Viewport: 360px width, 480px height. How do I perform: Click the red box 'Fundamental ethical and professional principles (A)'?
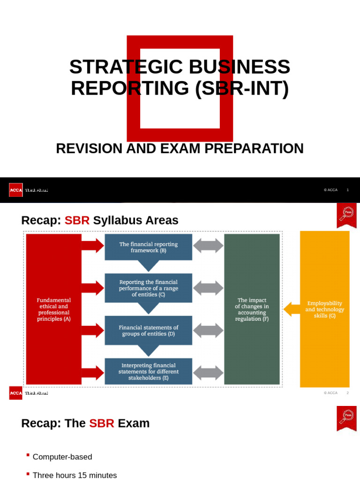54,309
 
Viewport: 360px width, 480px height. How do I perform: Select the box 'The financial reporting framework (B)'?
148,247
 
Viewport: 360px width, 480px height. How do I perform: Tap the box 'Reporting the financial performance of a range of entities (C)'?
148,288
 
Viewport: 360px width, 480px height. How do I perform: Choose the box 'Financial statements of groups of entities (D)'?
148,330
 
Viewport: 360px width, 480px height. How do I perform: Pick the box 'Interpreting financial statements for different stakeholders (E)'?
148,371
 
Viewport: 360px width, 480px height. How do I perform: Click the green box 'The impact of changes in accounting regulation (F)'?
252,309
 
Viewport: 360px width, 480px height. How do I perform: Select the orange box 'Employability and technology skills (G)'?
324,309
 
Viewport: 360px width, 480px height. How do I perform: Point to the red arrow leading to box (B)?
93,246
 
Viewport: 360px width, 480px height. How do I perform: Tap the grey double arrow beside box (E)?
208,373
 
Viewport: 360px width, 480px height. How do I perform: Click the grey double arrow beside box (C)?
208,288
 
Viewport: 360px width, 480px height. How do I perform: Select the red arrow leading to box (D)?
93,330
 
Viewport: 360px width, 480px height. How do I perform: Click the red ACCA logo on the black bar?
15,190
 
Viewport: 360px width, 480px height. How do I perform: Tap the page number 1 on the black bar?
347,190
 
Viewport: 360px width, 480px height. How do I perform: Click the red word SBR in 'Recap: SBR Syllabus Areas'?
77,220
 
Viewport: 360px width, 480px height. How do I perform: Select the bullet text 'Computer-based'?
62,457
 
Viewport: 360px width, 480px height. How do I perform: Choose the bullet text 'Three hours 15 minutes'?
75,475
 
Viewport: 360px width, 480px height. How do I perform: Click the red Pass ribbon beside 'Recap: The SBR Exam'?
346,418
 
